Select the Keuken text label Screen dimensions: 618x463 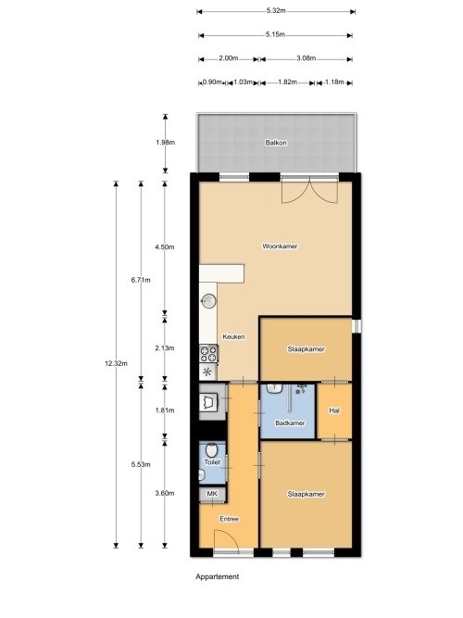233,337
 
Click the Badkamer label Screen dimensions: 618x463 290,423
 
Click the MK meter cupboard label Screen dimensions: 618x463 212,495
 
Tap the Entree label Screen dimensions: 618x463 229,519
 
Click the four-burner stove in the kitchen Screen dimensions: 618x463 209,352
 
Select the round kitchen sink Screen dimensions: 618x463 209,300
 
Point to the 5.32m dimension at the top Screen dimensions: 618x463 275,11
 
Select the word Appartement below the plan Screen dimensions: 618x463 218,576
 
